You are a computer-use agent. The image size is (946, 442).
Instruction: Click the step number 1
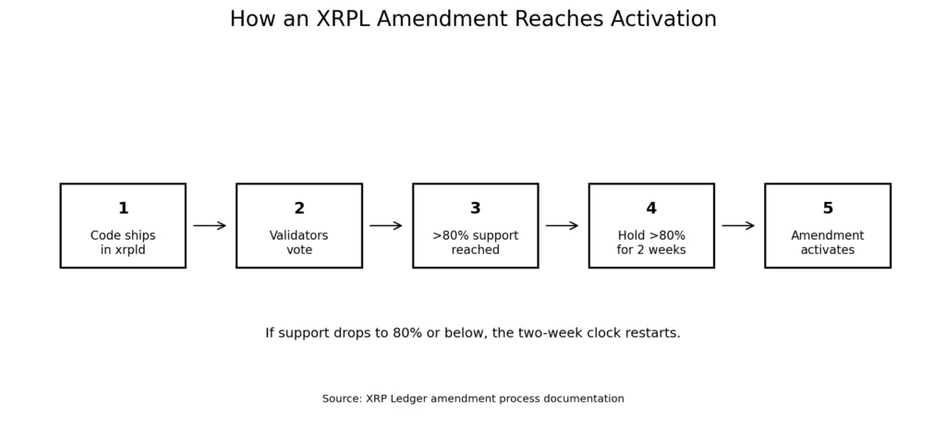(123, 209)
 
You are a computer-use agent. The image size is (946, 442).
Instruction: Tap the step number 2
(299, 209)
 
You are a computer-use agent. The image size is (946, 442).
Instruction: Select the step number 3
(476, 209)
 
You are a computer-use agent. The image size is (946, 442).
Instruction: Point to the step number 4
(651, 209)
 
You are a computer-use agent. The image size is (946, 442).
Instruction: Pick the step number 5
(828, 209)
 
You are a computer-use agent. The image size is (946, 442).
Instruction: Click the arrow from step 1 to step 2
(210, 225)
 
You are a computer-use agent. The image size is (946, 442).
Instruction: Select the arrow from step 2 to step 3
(385, 225)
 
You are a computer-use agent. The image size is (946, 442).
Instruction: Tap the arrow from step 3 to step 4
(562, 225)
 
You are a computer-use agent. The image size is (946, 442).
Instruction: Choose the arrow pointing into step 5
(738, 225)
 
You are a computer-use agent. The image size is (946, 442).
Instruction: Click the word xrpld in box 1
(131, 250)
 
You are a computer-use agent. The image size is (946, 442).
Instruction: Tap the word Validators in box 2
(299, 236)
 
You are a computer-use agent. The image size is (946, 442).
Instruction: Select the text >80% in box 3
(448, 236)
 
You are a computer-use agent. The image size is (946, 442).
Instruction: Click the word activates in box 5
(828, 250)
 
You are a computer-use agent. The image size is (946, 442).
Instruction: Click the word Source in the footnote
(342, 399)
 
